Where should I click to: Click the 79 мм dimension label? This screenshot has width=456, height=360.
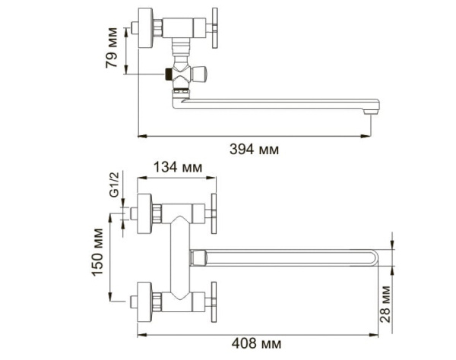pos(111,49)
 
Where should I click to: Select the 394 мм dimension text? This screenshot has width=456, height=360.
pos(254,150)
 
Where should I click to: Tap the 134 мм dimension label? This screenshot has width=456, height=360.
pos(177,167)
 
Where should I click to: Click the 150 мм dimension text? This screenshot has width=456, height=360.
pos(98,254)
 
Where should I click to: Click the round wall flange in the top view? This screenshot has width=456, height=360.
pos(142,25)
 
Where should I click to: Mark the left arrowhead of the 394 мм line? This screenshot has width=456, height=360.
pos(140,136)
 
